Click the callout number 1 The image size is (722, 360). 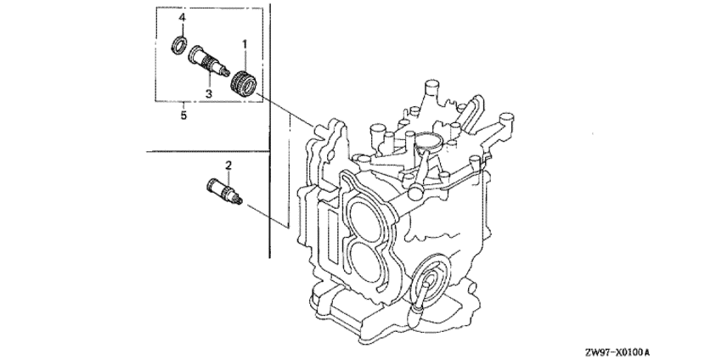click(x=245, y=44)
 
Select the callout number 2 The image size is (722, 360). click(x=228, y=165)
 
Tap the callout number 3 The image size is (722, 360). click(x=209, y=93)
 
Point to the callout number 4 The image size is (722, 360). click(x=183, y=18)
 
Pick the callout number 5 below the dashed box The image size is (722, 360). click(x=183, y=115)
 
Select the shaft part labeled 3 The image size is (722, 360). click(x=209, y=62)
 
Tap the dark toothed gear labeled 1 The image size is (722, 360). click(x=244, y=83)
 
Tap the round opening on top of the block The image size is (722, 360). click(x=427, y=139)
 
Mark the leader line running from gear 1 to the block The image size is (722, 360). click(x=284, y=108)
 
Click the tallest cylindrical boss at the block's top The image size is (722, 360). click(x=430, y=93)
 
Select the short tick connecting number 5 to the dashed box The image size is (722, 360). click(x=183, y=105)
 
